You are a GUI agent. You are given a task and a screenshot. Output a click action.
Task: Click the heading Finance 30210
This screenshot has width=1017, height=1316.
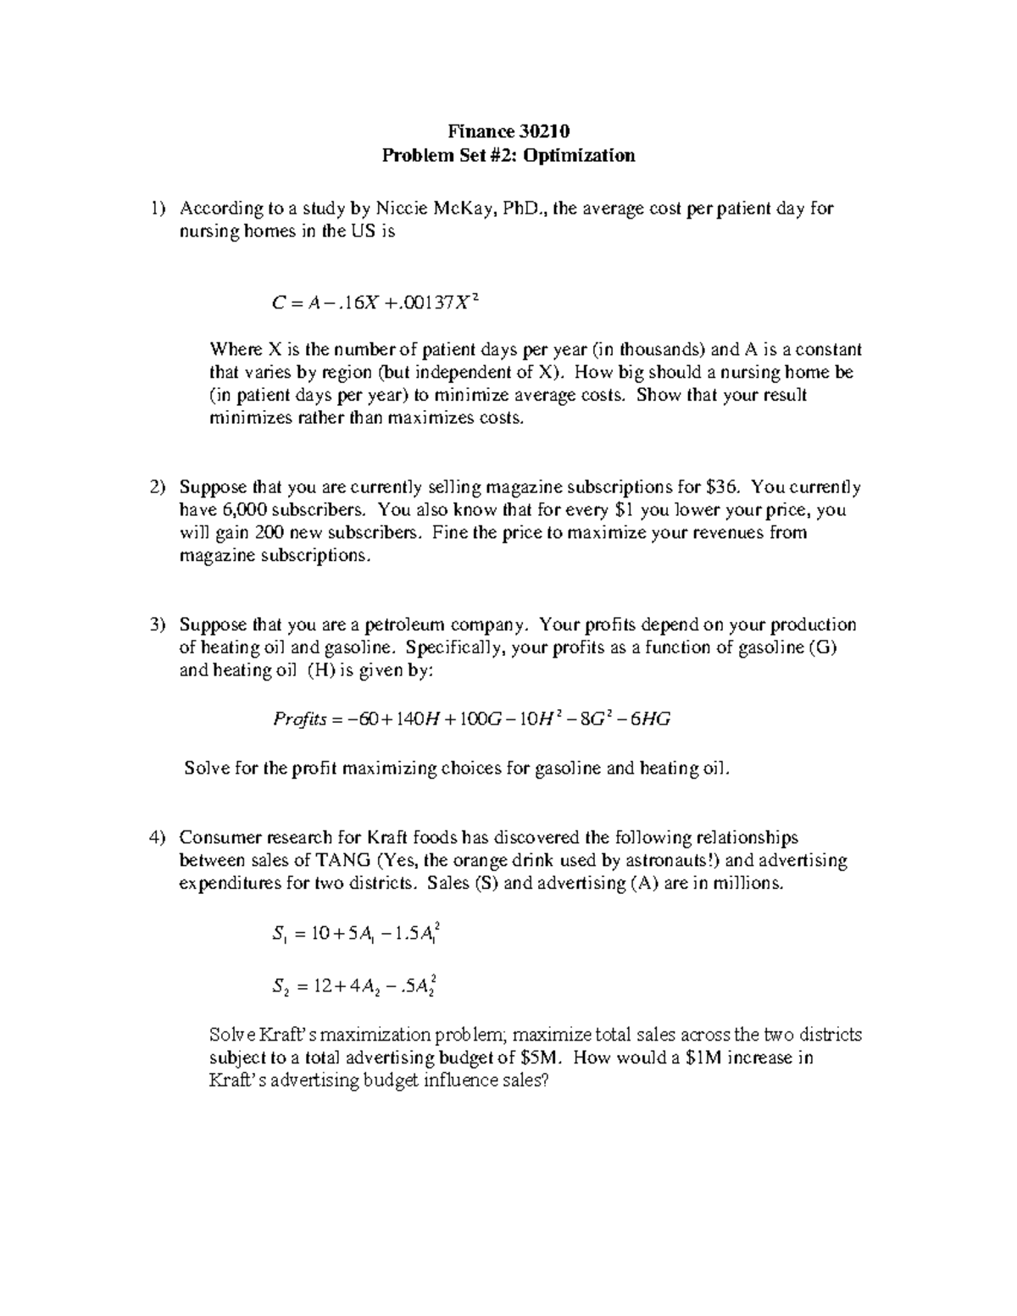[508, 131]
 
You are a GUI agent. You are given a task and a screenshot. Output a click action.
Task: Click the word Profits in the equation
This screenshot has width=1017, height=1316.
[299, 719]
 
